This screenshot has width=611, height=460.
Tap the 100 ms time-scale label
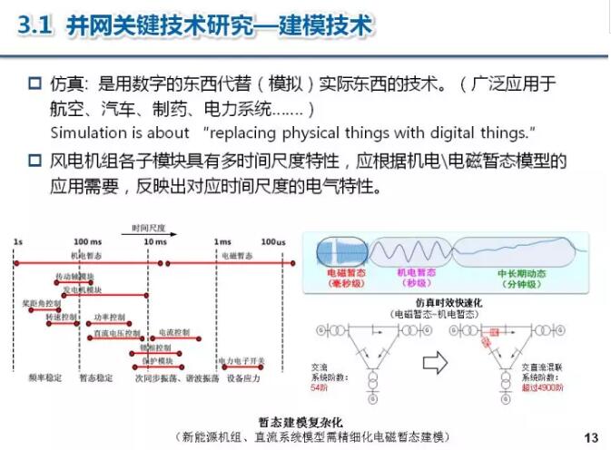pyautogui.click(x=87, y=242)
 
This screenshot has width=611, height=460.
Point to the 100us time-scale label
pyautogui.click(x=273, y=242)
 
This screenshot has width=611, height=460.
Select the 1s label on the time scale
pyautogui.click(x=18, y=242)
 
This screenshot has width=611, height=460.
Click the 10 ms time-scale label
pyautogui.click(x=155, y=242)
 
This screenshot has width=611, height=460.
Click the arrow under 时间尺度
pyautogui.click(x=150, y=234)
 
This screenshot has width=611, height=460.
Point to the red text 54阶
pyautogui.click(x=320, y=387)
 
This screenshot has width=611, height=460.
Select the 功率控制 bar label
pyautogui.click(x=109, y=318)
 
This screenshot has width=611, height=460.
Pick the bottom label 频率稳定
pyautogui.click(x=45, y=377)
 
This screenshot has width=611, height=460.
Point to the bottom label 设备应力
pyautogui.click(x=244, y=377)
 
